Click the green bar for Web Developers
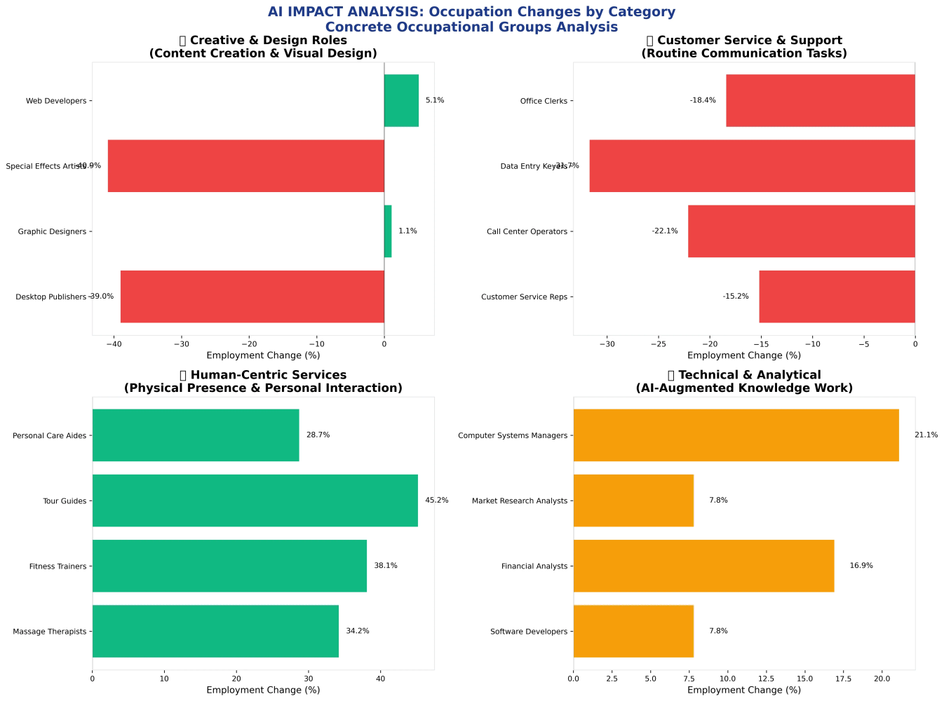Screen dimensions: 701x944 coord(401,100)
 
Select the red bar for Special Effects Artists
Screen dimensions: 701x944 coord(245,166)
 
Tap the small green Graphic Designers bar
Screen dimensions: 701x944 coord(388,231)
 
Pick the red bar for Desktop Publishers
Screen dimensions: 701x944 coord(252,297)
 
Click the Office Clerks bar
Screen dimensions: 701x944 coord(820,100)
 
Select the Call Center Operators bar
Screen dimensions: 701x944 coord(801,231)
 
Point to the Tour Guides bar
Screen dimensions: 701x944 coord(255,501)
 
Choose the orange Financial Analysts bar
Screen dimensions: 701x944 coord(703,566)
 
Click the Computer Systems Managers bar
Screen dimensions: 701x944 coord(736,435)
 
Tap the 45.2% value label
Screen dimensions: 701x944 coord(437,501)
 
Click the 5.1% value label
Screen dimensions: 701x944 coord(435,100)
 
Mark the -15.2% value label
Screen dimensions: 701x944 coord(736,297)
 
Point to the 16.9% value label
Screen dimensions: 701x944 coord(861,566)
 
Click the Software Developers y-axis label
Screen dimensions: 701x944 coord(529,632)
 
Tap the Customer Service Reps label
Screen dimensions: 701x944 coord(524,297)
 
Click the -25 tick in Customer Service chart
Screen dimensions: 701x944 coord(658,344)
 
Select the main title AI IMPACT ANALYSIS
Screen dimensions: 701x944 coord(471,12)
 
